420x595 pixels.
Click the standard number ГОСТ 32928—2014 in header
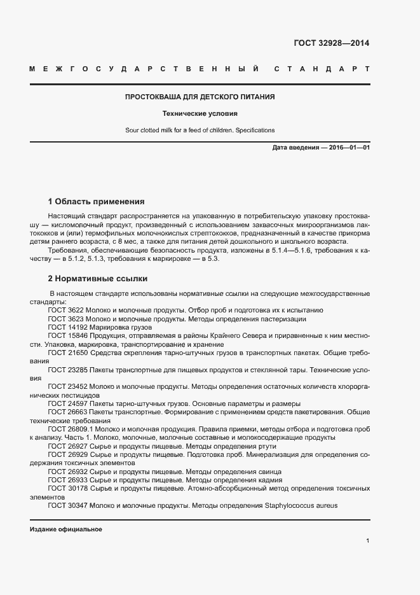[331, 43]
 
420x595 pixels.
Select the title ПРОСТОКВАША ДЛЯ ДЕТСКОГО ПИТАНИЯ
[200, 97]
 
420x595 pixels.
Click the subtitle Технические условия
[200, 114]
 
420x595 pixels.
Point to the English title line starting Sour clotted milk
[200, 130]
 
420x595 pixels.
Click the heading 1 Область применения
[97, 201]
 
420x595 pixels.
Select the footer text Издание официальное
[66, 529]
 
